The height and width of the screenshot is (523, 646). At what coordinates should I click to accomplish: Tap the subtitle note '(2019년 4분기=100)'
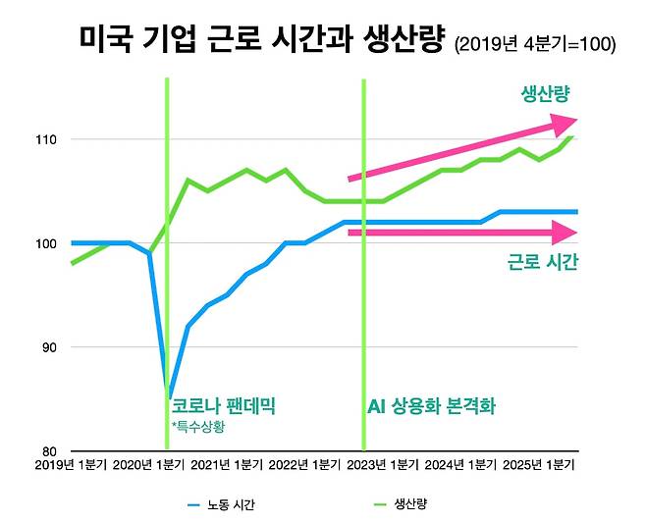(x=535, y=45)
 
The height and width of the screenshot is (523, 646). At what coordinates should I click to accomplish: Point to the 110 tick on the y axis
(x=46, y=139)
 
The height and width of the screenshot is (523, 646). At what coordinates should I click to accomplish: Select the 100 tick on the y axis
(x=46, y=243)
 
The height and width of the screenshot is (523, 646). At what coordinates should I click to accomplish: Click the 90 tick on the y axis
(x=49, y=347)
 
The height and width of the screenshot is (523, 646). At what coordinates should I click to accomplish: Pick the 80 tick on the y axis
(x=49, y=451)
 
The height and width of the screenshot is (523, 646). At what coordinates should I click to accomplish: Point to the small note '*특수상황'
(x=196, y=427)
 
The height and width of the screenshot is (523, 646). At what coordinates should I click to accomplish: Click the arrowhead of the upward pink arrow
(x=564, y=124)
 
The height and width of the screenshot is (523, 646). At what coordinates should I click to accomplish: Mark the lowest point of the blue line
(x=169, y=397)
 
